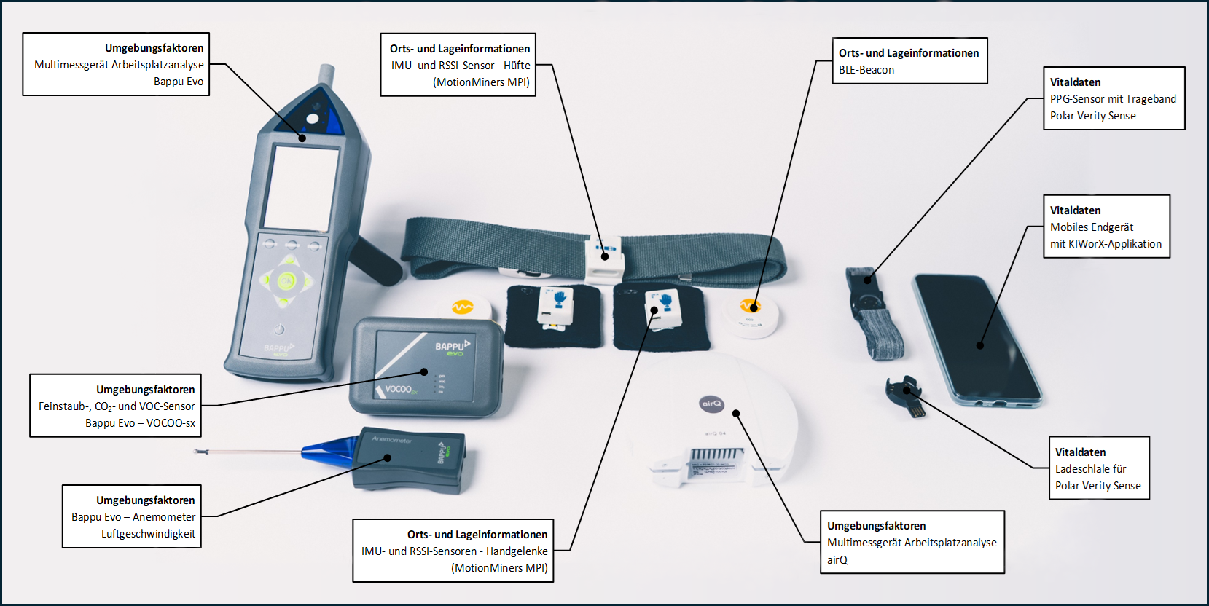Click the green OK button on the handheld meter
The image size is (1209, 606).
pos(286,280)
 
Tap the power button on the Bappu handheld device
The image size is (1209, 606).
pos(279,328)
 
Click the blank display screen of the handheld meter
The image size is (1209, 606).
pos(300,187)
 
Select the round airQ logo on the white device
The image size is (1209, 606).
pos(712,404)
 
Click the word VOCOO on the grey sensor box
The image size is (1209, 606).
pos(399,389)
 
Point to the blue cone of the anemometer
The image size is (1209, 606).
pos(329,451)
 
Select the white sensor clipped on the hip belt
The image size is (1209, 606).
pos(606,259)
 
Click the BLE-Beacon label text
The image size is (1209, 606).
pos(866,70)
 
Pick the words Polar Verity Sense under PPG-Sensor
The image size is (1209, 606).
pos(1092,116)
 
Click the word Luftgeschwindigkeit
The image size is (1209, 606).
pos(149,534)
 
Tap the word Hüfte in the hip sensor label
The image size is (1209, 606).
pos(517,66)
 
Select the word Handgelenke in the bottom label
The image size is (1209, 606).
pos(517,551)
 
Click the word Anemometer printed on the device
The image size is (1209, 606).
pos(392,440)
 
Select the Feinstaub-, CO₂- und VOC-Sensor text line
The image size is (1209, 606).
pos(117,406)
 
